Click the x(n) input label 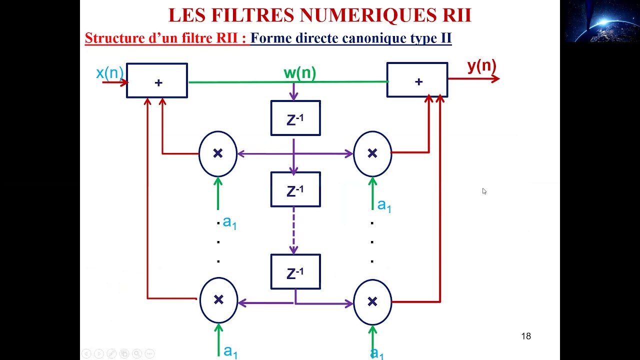point(109,73)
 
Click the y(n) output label point(481,66)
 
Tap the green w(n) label point(299,73)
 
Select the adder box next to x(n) point(157,80)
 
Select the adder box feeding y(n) point(417,80)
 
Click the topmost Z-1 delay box point(295,118)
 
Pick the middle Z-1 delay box point(295,189)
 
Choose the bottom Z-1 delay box point(295,272)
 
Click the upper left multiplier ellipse point(218,154)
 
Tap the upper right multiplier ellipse point(372,154)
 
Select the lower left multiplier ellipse point(218,300)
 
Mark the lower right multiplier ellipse point(372,301)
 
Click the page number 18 point(526,336)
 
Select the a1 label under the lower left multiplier point(230,351)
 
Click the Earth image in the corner point(600,21)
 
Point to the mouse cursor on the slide point(484,191)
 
